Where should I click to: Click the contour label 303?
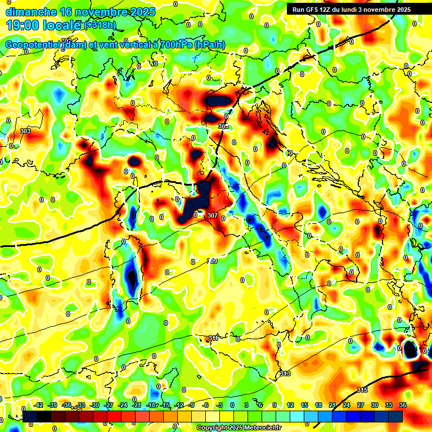coord(25,131)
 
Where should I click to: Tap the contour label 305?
coord(223,127)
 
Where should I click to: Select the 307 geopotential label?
coord(212,215)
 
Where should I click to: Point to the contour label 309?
coord(212,261)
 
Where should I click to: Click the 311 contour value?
coord(213,338)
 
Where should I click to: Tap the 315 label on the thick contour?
coord(362,390)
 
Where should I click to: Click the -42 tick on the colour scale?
coord(39,405)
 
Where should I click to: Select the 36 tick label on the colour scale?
coord(403,405)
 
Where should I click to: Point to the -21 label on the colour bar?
coord(136,405)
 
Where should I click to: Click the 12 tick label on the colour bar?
coord(290,405)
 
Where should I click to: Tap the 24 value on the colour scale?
coord(346,405)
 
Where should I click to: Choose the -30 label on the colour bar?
coord(94,405)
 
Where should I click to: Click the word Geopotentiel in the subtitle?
coord(33,45)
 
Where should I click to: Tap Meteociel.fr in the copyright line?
coord(260,427)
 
